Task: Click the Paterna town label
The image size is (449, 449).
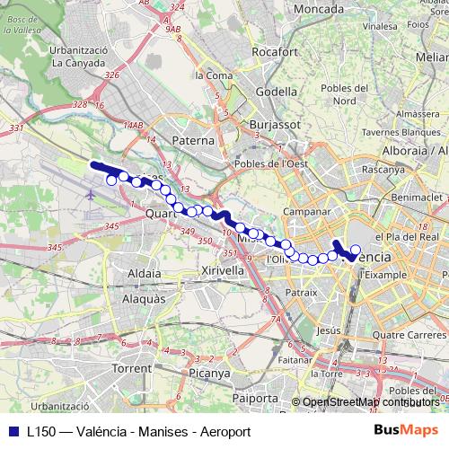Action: [x=193, y=140]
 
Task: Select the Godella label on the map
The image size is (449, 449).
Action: [x=276, y=92]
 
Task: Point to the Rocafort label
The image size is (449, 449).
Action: [x=275, y=52]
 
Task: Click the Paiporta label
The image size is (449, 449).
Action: [x=255, y=398]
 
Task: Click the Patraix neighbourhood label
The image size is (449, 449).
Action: [x=301, y=292]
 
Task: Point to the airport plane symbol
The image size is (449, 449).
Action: [x=92, y=193]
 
